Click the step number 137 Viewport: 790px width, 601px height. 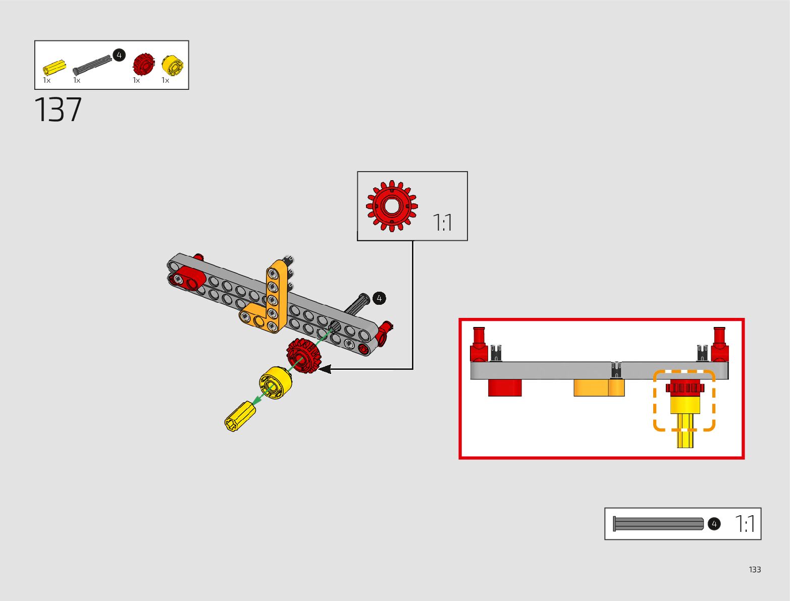click(x=58, y=110)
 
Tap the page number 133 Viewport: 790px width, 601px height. click(x=755, y=569)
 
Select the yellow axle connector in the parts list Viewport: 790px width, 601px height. click(x=54, y=68)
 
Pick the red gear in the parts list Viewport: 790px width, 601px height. click(x=143, y=64)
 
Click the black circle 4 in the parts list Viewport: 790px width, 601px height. click(x=119, y=54)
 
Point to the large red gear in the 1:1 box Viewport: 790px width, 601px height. click(x=392, y=206)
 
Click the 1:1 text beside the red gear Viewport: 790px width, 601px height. click(x=443, y=223)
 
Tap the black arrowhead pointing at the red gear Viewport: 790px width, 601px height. click(x=325, y=369)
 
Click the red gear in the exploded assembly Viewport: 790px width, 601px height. click(x=304, y=355)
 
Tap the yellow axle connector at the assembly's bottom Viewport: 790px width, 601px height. click(x=240, y=417)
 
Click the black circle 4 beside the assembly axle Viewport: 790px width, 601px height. click(x=379, y=298)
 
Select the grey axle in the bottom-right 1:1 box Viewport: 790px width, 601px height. click(x=658, y=524)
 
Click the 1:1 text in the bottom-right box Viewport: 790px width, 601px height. click(x=745, y=524)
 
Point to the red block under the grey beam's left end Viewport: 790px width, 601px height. click(x=504, y=388)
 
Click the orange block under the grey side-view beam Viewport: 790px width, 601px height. click(x=599, y=388)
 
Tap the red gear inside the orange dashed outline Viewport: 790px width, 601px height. click(x=684, y=388)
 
